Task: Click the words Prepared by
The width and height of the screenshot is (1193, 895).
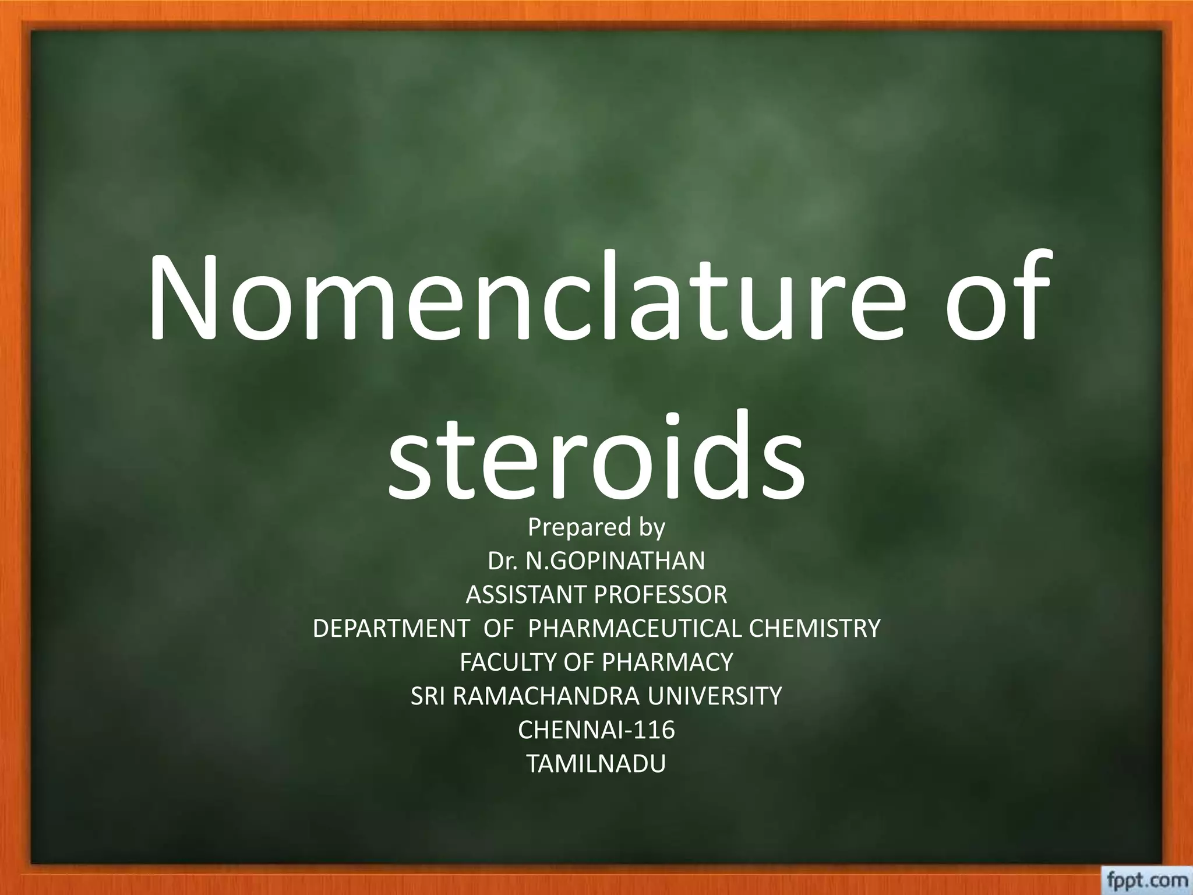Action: (x=596, y=527)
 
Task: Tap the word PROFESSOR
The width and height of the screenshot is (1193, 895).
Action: (x=661, y=595)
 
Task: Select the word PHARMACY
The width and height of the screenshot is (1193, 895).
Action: (x=666, y=663)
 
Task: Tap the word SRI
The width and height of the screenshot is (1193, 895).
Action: (x=428, y=696)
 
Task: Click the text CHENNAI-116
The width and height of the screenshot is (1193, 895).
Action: (x=596, y=730)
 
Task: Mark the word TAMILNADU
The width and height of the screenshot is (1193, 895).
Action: (x=596, y=764)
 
